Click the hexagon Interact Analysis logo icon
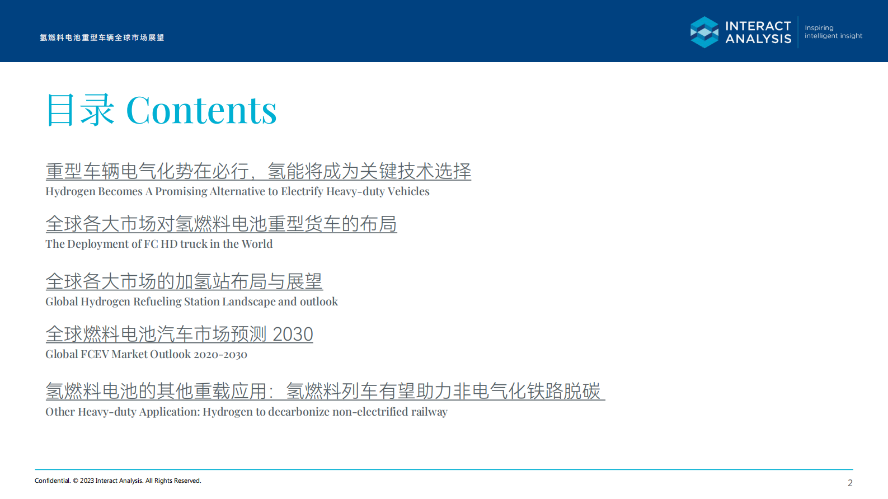pos(704,32)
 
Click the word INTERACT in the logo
pos(758,26)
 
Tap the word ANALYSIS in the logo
pos(758,39)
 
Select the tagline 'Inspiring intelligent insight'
pos(833,32)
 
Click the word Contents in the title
pos(201,110)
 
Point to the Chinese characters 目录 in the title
pos(80,110)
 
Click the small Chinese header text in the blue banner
pos(102,37)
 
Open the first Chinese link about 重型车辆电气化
pos(258,171)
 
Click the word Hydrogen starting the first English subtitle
pos(70,191)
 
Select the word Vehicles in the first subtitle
pos(408,191)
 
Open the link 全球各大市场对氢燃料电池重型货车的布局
pos(221,224)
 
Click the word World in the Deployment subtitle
pos(257,244)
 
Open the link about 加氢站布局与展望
pos(184,281)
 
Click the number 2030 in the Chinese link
pos(293,335)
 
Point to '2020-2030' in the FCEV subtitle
pos(220,355)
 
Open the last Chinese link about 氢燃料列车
pos(325,391)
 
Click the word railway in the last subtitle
pos(429,412)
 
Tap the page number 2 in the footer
pos(850,483)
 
